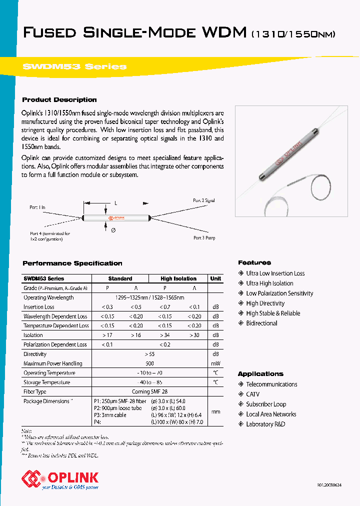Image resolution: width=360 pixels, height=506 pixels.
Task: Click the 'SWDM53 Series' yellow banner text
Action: click(75, 66)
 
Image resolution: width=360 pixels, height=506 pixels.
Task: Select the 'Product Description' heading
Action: click(59, 99)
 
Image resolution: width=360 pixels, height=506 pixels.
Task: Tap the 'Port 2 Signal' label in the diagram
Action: click(204, 200)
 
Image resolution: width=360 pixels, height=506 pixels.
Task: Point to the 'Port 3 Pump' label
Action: click(204, 238)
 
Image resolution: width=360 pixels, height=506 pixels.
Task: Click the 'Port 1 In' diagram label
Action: click(37, 206)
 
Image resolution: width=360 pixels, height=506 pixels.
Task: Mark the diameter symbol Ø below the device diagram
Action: click(113, 230)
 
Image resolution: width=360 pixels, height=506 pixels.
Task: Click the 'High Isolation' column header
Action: click(178, 278)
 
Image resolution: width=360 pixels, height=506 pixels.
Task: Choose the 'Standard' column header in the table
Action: click(120, 278)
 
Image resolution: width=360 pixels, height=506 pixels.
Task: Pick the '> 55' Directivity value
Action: click(149, 354)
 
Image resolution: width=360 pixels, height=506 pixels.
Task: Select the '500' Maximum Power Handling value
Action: click(149, 363)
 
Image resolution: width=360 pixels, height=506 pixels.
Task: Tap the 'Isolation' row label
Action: click(33, 335)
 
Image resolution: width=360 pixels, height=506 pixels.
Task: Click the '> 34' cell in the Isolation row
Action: click(164, 335)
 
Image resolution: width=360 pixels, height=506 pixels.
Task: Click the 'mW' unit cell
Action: click(215, 363)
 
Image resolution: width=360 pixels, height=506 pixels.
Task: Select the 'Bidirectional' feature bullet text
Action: click(261, 323)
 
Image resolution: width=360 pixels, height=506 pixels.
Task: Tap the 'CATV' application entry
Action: click(253, 394)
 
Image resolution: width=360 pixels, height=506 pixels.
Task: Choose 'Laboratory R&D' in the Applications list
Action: click(265, 424)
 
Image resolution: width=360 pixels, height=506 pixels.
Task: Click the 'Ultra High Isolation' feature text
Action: click(269, 283)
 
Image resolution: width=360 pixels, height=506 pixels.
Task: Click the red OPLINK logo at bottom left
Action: click(60, 478)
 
